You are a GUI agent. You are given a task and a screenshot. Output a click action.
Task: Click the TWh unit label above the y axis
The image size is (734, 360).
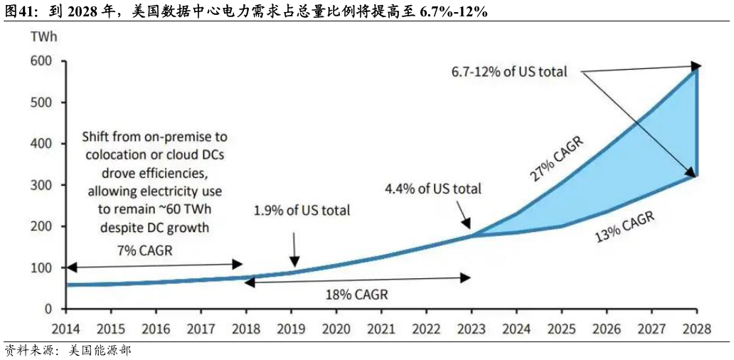41,37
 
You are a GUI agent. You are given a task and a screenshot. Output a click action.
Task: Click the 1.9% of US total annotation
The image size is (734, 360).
302,211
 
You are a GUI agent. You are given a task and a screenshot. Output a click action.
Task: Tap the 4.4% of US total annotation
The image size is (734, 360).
432,189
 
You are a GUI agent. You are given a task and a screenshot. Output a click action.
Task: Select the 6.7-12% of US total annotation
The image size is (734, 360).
509,72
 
